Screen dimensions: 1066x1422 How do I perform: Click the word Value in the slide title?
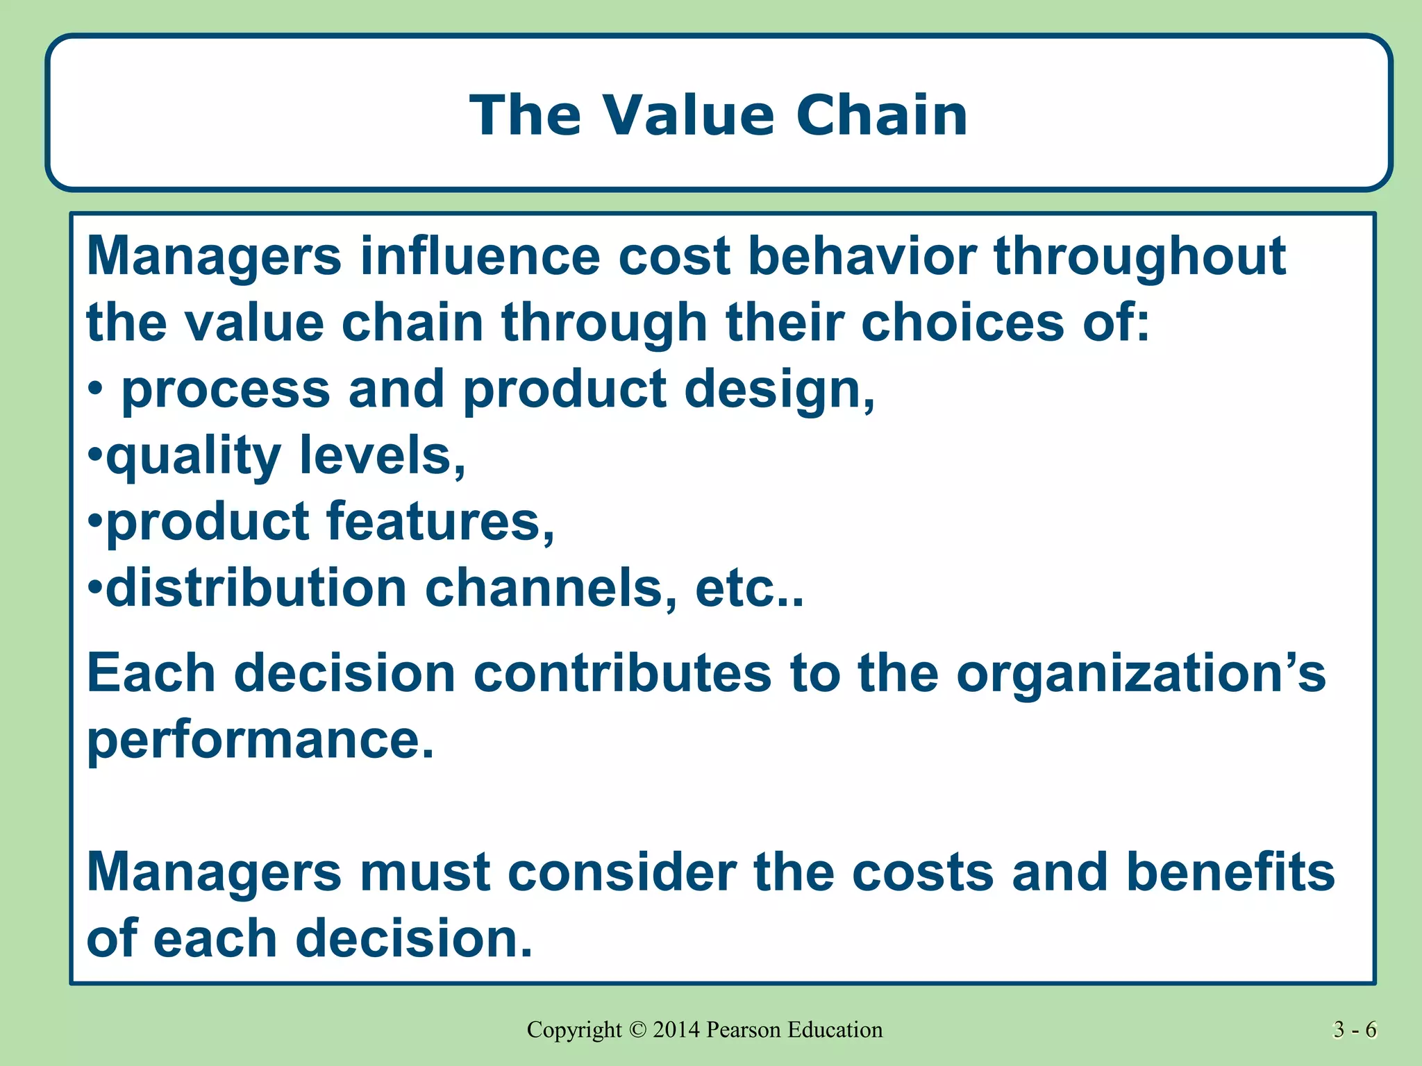687,115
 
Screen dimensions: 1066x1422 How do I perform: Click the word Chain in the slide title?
881,115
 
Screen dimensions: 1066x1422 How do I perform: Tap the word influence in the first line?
479,257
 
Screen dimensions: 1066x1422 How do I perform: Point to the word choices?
962,323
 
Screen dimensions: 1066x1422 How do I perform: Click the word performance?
260,741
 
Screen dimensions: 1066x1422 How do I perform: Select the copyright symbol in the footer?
637,1030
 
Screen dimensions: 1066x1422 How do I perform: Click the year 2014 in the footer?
676,1030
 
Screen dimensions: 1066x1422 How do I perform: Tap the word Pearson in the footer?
744,1030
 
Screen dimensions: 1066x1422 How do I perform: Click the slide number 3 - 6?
1355,1030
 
